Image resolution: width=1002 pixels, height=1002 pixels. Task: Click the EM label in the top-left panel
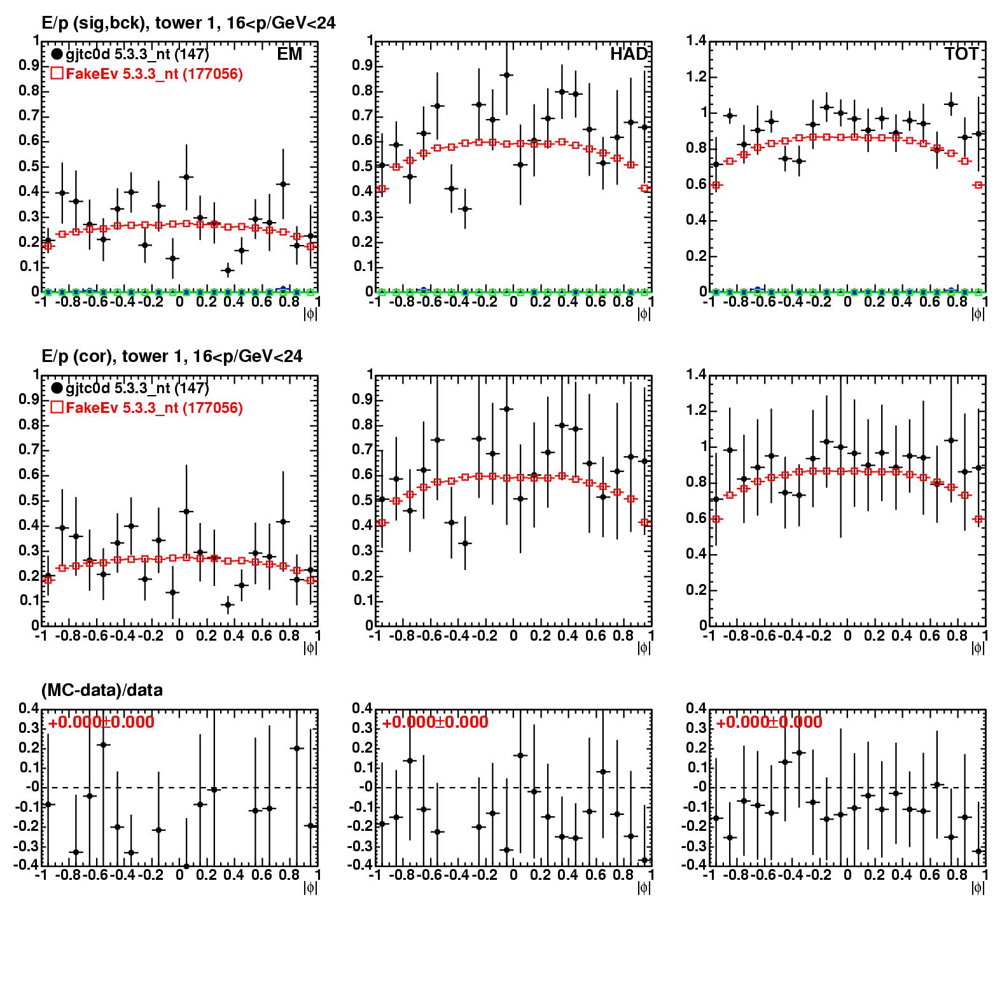coord(289,55)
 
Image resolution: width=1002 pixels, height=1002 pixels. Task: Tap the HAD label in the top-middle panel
coord(629,55)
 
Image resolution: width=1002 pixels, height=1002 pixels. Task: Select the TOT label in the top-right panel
coord(961,55)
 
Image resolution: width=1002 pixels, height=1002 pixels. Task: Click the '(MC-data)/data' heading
coord(102,690)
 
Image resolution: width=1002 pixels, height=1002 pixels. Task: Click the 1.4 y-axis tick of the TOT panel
coord(697,41)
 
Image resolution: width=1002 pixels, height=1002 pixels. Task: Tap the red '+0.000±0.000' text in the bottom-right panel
coord(769,723)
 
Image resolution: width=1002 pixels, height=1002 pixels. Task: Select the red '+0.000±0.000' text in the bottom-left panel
coord(101,723)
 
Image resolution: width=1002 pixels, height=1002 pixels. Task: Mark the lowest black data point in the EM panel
coord(228,270)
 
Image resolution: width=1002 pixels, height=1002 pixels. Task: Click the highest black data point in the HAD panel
coord(507,75)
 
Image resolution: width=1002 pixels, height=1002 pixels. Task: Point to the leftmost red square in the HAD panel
coord(382,189)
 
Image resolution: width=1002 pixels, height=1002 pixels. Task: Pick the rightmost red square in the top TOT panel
coord(980,185)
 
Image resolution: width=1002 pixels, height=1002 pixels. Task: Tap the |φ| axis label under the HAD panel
coord(644,314)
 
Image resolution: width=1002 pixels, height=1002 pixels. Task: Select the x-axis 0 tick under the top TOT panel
coord(847,302)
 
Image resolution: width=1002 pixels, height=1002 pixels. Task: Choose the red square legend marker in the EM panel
coord(57,74)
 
